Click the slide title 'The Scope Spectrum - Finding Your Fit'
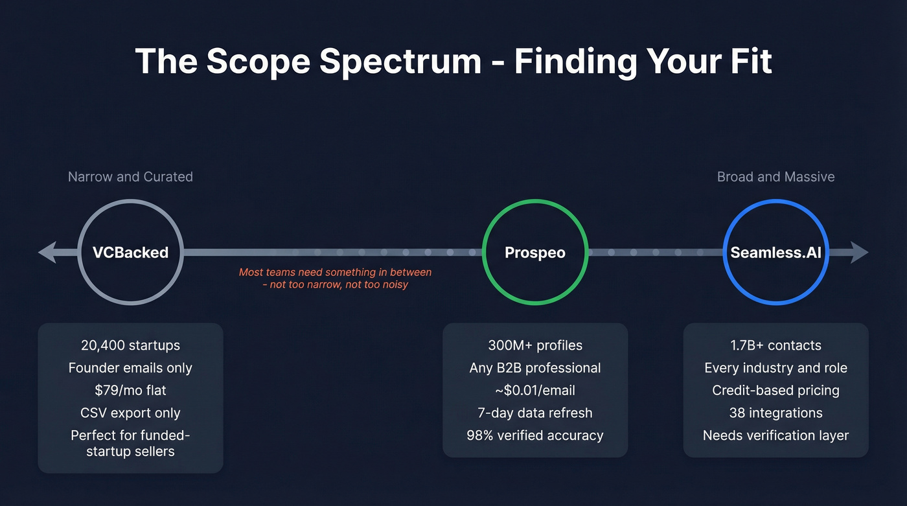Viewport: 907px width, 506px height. pos(454,62)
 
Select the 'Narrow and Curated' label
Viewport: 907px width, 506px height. pos(130,177)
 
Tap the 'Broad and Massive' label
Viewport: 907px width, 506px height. pos(775,177)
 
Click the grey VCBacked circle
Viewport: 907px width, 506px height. pos(130,252)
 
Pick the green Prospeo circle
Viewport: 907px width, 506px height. pos(534,252)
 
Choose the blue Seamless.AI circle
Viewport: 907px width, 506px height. pos(775,252)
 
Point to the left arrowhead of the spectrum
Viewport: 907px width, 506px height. pos(49,252)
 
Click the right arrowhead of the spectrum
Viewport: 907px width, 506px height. pos(858,252)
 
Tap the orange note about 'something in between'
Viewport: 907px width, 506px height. pos(335,279)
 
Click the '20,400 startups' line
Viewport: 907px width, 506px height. pos(130,345)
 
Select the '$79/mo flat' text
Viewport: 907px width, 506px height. pos(130,391)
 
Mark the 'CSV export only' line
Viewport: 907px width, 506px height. pos(130,413)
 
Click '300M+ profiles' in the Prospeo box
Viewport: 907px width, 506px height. pos(534,345)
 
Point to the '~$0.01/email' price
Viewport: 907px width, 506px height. pos(534,391)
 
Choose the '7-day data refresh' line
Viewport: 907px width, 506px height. pos(534,413)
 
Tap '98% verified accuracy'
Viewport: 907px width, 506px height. pos(534,435)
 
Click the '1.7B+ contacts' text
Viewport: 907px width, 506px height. pos(775,345)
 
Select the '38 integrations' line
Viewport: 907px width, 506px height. pos(775,413)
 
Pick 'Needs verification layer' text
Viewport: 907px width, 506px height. pos(775,435)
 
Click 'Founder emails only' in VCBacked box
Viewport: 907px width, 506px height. pos(130,368)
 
